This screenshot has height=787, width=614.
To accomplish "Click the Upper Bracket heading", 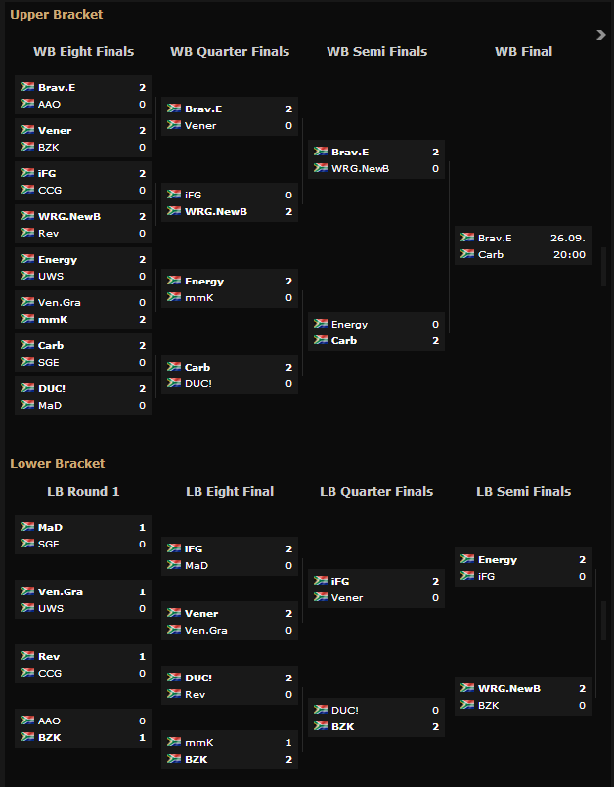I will tap(56, 15).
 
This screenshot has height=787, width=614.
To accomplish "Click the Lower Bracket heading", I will tap(57, 463).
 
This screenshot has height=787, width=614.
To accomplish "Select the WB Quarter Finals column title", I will tap(230, 52).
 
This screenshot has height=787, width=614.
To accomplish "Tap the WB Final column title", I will tap(523, 52).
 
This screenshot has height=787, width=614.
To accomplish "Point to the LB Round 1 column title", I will tap(83, 491).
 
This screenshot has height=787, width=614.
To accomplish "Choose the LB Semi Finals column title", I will tap(523, 491).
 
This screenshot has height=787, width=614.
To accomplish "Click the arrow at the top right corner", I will tap(601, 35).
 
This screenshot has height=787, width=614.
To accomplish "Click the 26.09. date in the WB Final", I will tap(567, 238).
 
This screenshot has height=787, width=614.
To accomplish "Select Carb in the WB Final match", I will tap(491, 254).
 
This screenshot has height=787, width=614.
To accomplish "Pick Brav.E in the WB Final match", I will tap(495, 238).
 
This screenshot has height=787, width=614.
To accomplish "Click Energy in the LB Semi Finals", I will tap(498, 560).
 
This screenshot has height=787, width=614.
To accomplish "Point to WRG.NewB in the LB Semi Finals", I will tap(509, 688).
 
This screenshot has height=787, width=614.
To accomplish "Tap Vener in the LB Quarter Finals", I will tap(347, 597).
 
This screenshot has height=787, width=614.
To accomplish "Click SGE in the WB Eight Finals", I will tap(50, 362).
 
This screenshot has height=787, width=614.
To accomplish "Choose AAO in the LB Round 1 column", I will tap(50, 721).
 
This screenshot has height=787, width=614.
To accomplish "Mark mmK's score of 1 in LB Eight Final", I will tap(288, 742).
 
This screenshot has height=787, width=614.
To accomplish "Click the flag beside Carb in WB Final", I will tap(467, 254).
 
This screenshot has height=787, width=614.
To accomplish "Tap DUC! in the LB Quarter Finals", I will tap(345, 710).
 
